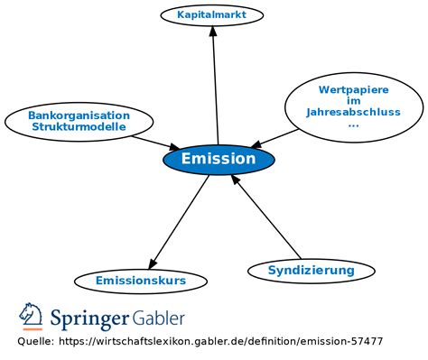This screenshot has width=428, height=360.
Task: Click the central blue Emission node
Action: (x=219, y=160)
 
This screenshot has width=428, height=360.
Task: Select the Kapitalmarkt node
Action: (x=213, y=14)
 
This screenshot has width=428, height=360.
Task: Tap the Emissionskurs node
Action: (x=141, y=282)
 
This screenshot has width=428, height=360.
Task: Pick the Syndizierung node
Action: (x=311, y=270)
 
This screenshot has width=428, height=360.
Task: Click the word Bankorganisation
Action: (x=79, y=115)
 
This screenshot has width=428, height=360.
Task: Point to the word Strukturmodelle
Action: (x=79, y=126)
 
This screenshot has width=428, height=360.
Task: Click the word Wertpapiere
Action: (x=352, y=89)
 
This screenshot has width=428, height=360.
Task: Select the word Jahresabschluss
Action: (x=352, y=113)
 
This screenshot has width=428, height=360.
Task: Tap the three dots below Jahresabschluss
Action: (x=352, y=125)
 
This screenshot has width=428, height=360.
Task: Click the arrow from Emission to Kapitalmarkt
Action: (x=215, y=86)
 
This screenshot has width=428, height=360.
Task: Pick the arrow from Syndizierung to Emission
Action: (x=266, y=217)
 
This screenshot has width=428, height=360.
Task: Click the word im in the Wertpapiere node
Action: (x=352, y=101)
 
